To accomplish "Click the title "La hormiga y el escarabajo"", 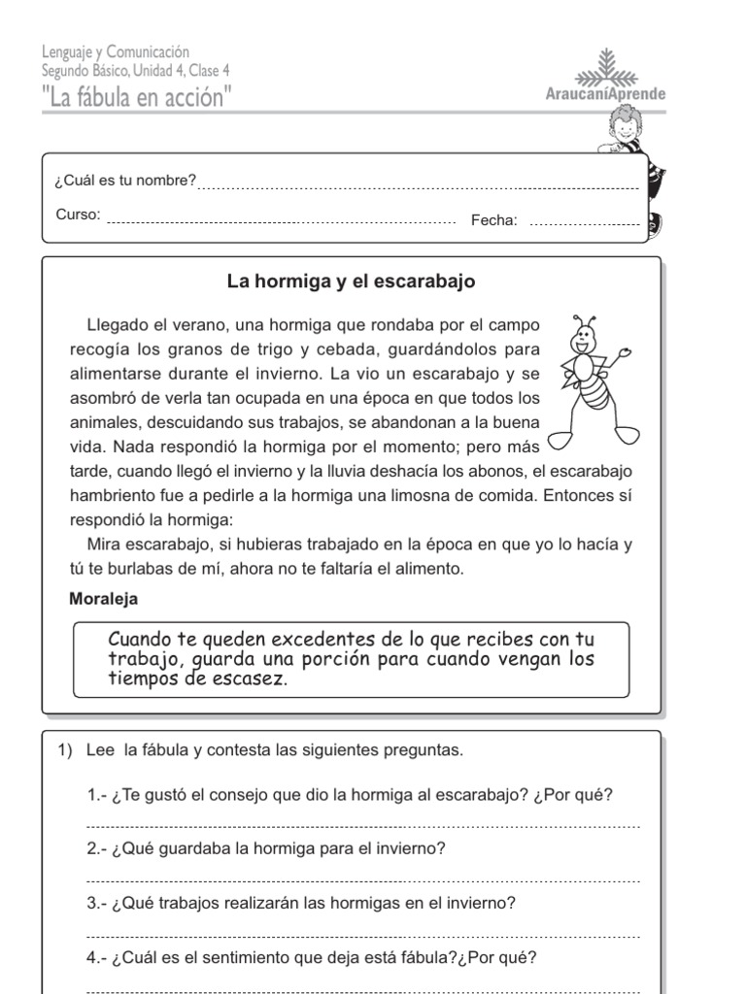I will [x=351, y=282].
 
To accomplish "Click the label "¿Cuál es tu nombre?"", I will [x=125, y=181].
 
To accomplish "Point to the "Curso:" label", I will [x=78, y=215].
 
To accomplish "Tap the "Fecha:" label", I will [x=494, y=220].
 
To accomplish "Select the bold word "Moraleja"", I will [x=104, y=599].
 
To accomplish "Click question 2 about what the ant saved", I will [x=266, y=848].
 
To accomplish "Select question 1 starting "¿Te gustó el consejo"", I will [x=350, y=795].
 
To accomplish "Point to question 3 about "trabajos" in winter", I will [x=301, y=903].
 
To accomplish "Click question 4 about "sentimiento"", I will [x=311, y=958].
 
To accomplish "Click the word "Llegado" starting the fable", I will [x=117, y=324].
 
